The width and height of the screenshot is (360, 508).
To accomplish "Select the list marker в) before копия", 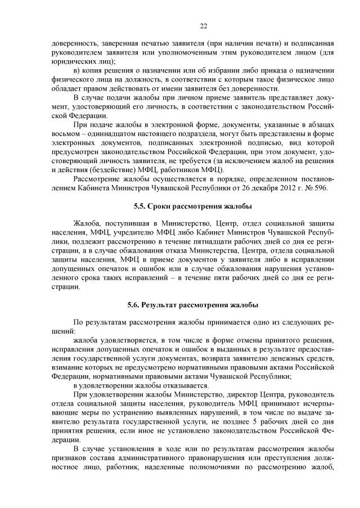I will coord(78,71).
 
